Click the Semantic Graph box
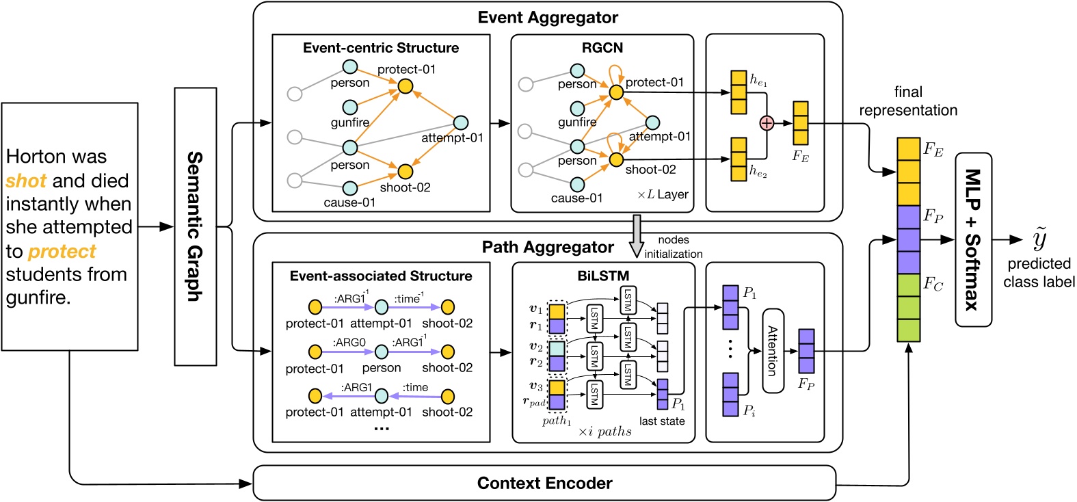tap(195, 226)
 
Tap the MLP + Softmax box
tap(973, 239)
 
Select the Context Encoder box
tap(544, 484)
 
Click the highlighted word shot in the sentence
tap(26, 181)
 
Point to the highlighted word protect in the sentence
tap(62, 252)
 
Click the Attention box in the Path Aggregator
tap(773, 350)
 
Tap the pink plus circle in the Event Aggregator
tap(767, 123)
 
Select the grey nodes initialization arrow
tap(637, 235)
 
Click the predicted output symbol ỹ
tap(1039, 239)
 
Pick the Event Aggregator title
tap(548, 18)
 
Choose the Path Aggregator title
tap(548, 247)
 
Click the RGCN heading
tap(602, 47)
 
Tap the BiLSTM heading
tap(603, 276)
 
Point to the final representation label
tap(908, 101)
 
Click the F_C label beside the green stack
tap(933, 285)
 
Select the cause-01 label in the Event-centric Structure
tap(349, 202)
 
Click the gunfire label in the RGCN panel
tap(577, 122)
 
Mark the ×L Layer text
tap(663, 195)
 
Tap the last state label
tap(661, 421)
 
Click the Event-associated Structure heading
tap(381, 276)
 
